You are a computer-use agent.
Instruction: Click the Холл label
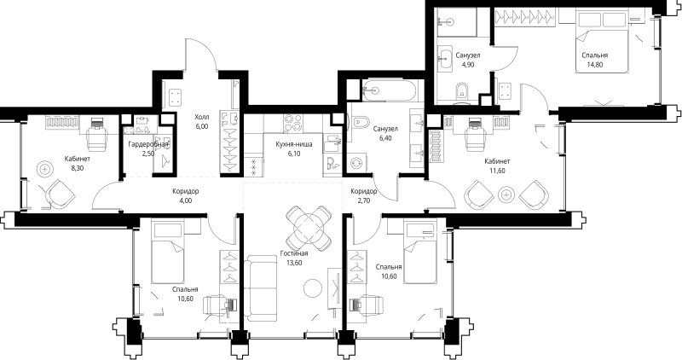201,117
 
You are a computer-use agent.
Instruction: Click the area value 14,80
595,65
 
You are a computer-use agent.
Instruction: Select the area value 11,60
497,171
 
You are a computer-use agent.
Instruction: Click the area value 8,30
77,169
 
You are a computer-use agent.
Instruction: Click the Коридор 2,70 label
364,196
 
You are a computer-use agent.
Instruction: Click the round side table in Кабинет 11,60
508,195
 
